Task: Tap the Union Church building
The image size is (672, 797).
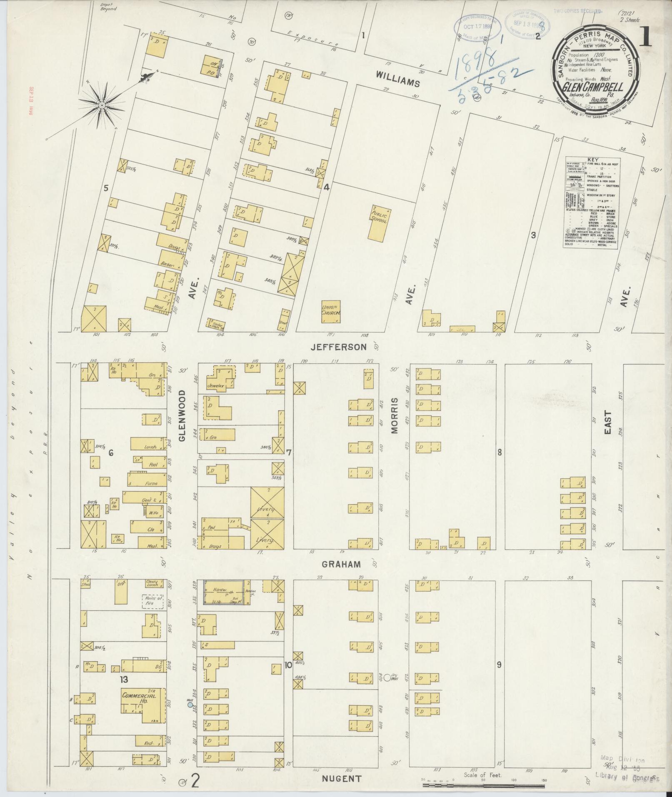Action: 331,312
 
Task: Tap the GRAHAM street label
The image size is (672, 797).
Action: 341,564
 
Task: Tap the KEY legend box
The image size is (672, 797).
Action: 590,203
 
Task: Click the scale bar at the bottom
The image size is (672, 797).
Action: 483,785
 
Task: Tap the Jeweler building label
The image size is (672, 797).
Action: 217,386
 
